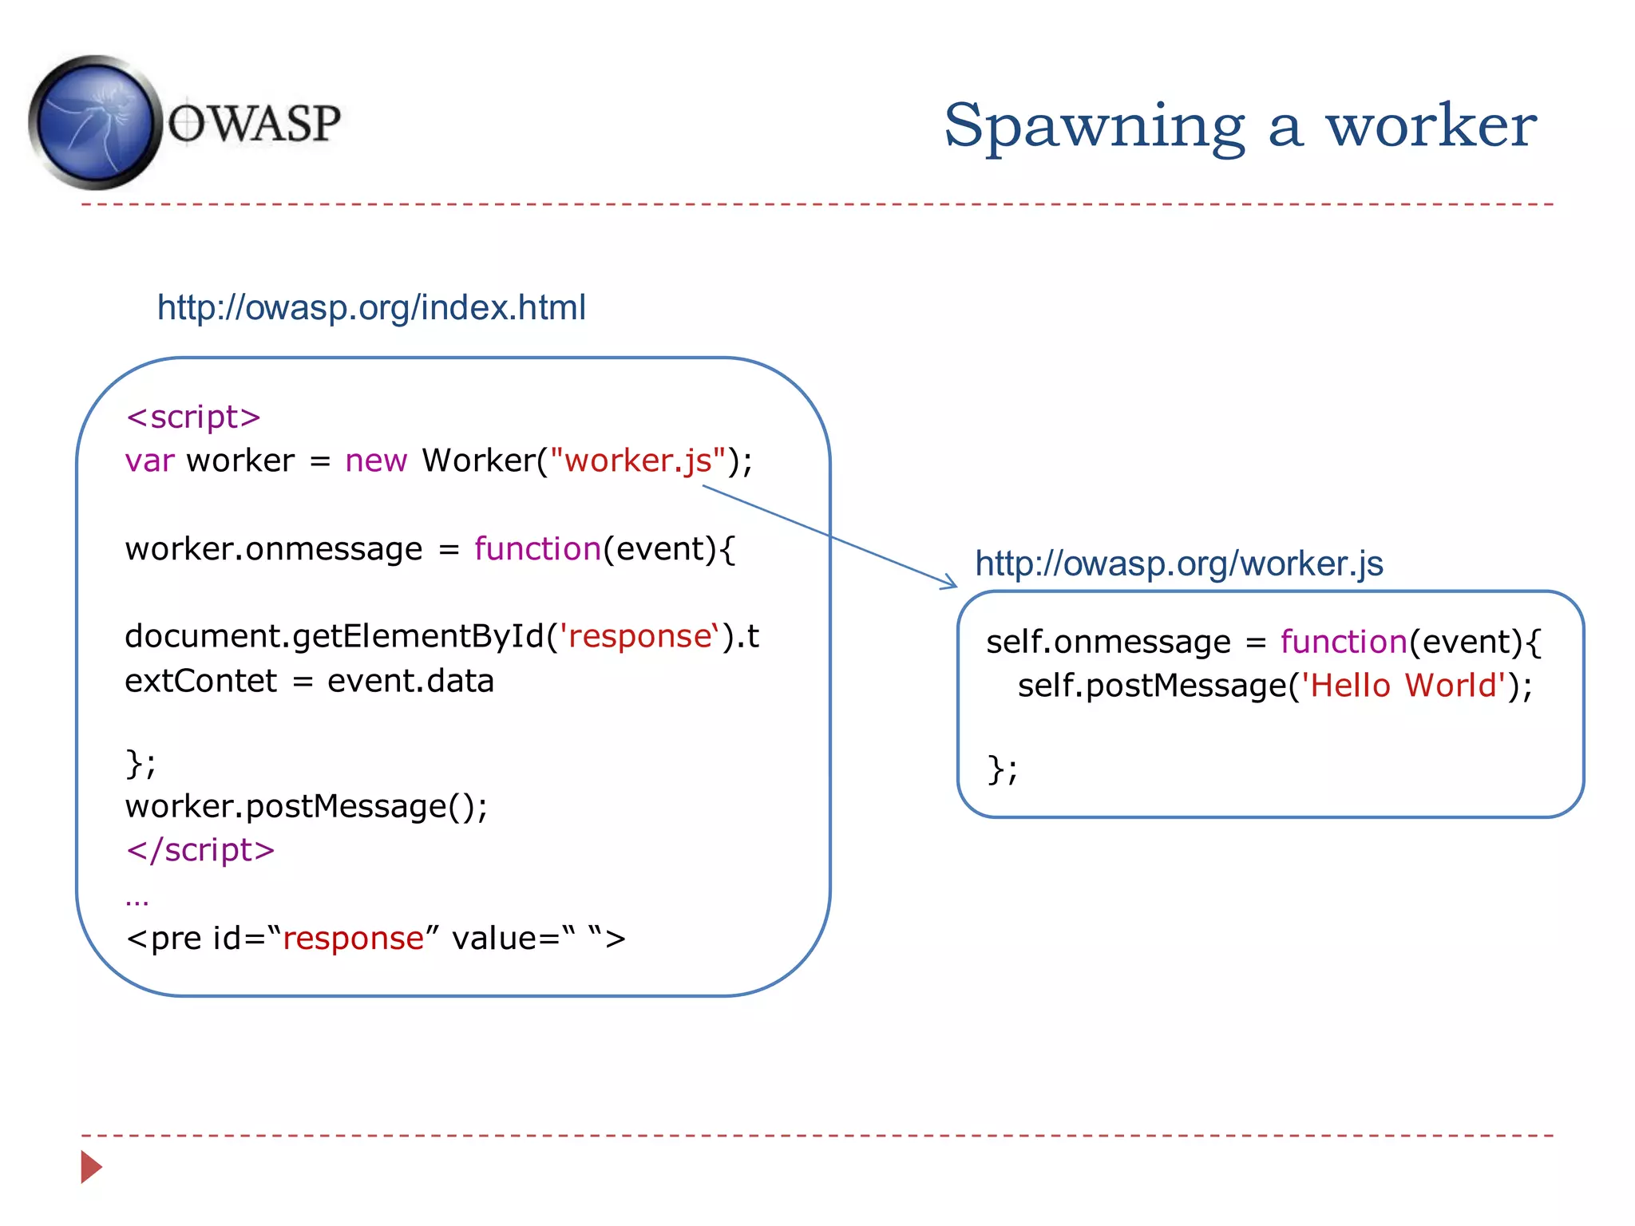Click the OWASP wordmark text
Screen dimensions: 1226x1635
[x=254, y=124]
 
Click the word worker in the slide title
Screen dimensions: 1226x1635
[x=1431, y=126]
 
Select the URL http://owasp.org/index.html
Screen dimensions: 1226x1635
[x=371, y=307]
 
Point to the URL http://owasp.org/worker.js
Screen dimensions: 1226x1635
[x=1179, y=564]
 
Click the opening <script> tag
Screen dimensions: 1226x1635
[x=193, y=417]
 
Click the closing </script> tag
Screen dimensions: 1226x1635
[x=200, y=850]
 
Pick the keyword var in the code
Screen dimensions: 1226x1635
[x=149, y=461]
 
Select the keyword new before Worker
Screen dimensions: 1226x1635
[x=376, y=461]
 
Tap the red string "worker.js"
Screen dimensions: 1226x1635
[x=638, y=461]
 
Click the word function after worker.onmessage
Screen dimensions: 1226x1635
[x=537, y=549]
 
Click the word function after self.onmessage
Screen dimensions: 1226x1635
[x=1344, y=642]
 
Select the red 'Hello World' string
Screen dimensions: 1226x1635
[x=1403, y=686]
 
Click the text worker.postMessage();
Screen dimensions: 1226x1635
[x=307, y=806]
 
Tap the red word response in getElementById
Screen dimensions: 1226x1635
[x=639, y=637]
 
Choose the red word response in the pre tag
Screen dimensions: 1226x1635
[x=353, y=939]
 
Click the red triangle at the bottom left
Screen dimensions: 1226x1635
[x=91, y=1167]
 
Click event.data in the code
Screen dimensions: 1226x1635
[x=410, y=682]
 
